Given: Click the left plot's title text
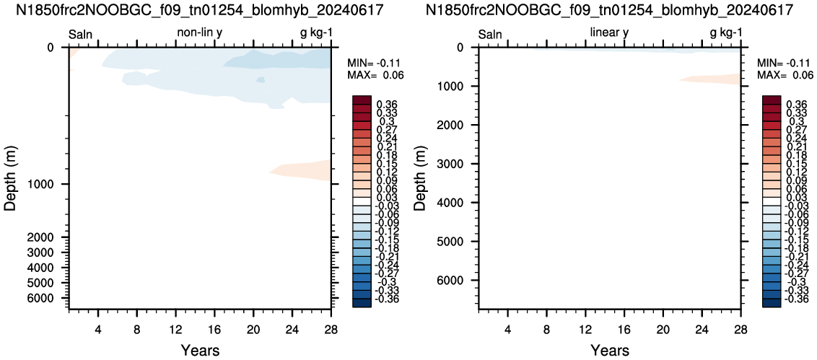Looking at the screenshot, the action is pos(202,10).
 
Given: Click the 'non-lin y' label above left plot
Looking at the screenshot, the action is pos(201,33).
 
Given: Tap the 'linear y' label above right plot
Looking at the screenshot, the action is pos(609,33).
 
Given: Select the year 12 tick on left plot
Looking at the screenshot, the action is pos(175,329).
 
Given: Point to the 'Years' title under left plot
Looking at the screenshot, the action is pos(200,350).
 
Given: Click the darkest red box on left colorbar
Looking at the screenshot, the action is pos(361,100).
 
